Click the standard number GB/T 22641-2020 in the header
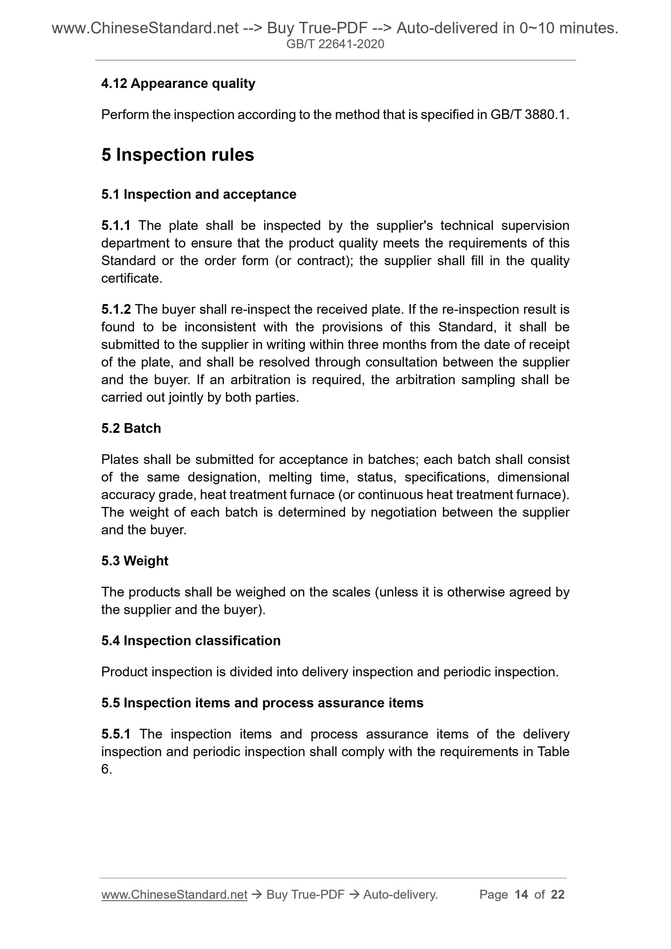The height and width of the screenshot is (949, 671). pyautogui.click(x=335, y=44)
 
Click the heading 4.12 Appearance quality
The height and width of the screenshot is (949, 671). pyautogui.click(x=178, y=83)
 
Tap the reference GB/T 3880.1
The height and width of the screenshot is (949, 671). pyautogui.click(x=529, y=114)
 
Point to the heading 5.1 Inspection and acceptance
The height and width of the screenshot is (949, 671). pyautogui.click(x=199, y=194)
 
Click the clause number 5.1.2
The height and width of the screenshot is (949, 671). pyautogui.click(x=116, y=309)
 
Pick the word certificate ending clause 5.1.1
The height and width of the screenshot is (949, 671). pyautogui.click(x=131, y=278)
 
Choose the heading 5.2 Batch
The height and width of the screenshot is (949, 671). pyautogui.click(x=131, y=428)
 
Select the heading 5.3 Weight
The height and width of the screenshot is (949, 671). pyautogui.click(x=135, y=561)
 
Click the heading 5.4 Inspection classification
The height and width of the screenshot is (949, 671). pyautogui.click(x=191, y=641)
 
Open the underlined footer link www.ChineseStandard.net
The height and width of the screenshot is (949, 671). pyautogui.click(x=174, y=895)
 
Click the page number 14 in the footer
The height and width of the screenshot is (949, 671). pyautogui.click(x=521, y=895)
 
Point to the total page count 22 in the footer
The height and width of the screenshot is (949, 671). pyautogui.click(x=558, y=895)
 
